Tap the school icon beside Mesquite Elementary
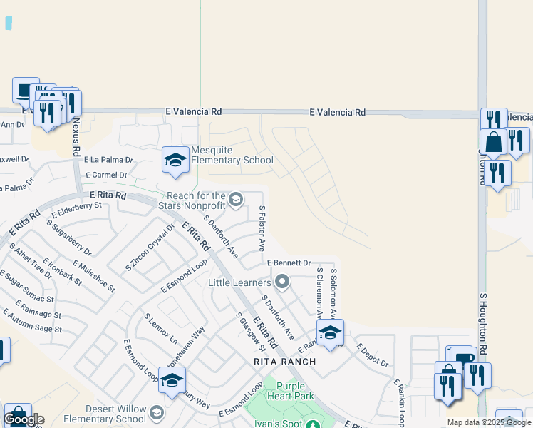click(175, 160)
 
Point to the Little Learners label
click(240, 282)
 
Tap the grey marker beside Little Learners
click(282, 282)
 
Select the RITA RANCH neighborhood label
click(284, 362)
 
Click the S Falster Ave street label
click(262, 229)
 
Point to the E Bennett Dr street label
click(289, 263)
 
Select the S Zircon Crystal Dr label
click(150, 248)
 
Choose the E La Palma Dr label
click(108, 160)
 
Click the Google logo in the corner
click(24, 419)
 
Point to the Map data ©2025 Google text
click(489, 422)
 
